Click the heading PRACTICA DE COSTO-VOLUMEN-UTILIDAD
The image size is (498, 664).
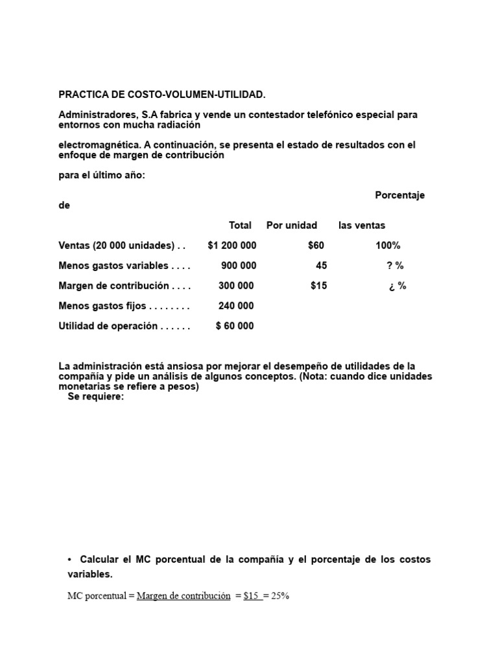coord(162,95)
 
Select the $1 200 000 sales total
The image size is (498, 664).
coord(231,246)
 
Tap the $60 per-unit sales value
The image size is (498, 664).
coord(316,246)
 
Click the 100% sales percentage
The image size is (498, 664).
coord(388,246)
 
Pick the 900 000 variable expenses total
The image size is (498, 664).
coord(238,266)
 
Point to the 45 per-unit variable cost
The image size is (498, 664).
coord(321,266)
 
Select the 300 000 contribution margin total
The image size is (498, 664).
coord(237,286)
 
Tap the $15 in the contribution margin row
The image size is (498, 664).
coord(318,286)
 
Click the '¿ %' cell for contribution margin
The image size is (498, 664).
coord(397,286)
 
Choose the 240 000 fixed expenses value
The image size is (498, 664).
coord(237,306)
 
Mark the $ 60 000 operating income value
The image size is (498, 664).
coord(235,326)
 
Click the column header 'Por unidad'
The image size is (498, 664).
coord(292,226)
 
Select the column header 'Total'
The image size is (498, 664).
coord(240,226)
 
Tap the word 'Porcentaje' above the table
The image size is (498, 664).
coord(400,195)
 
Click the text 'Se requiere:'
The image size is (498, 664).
coord(95,397)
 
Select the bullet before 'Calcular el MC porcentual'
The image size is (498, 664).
coord(69,560)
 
